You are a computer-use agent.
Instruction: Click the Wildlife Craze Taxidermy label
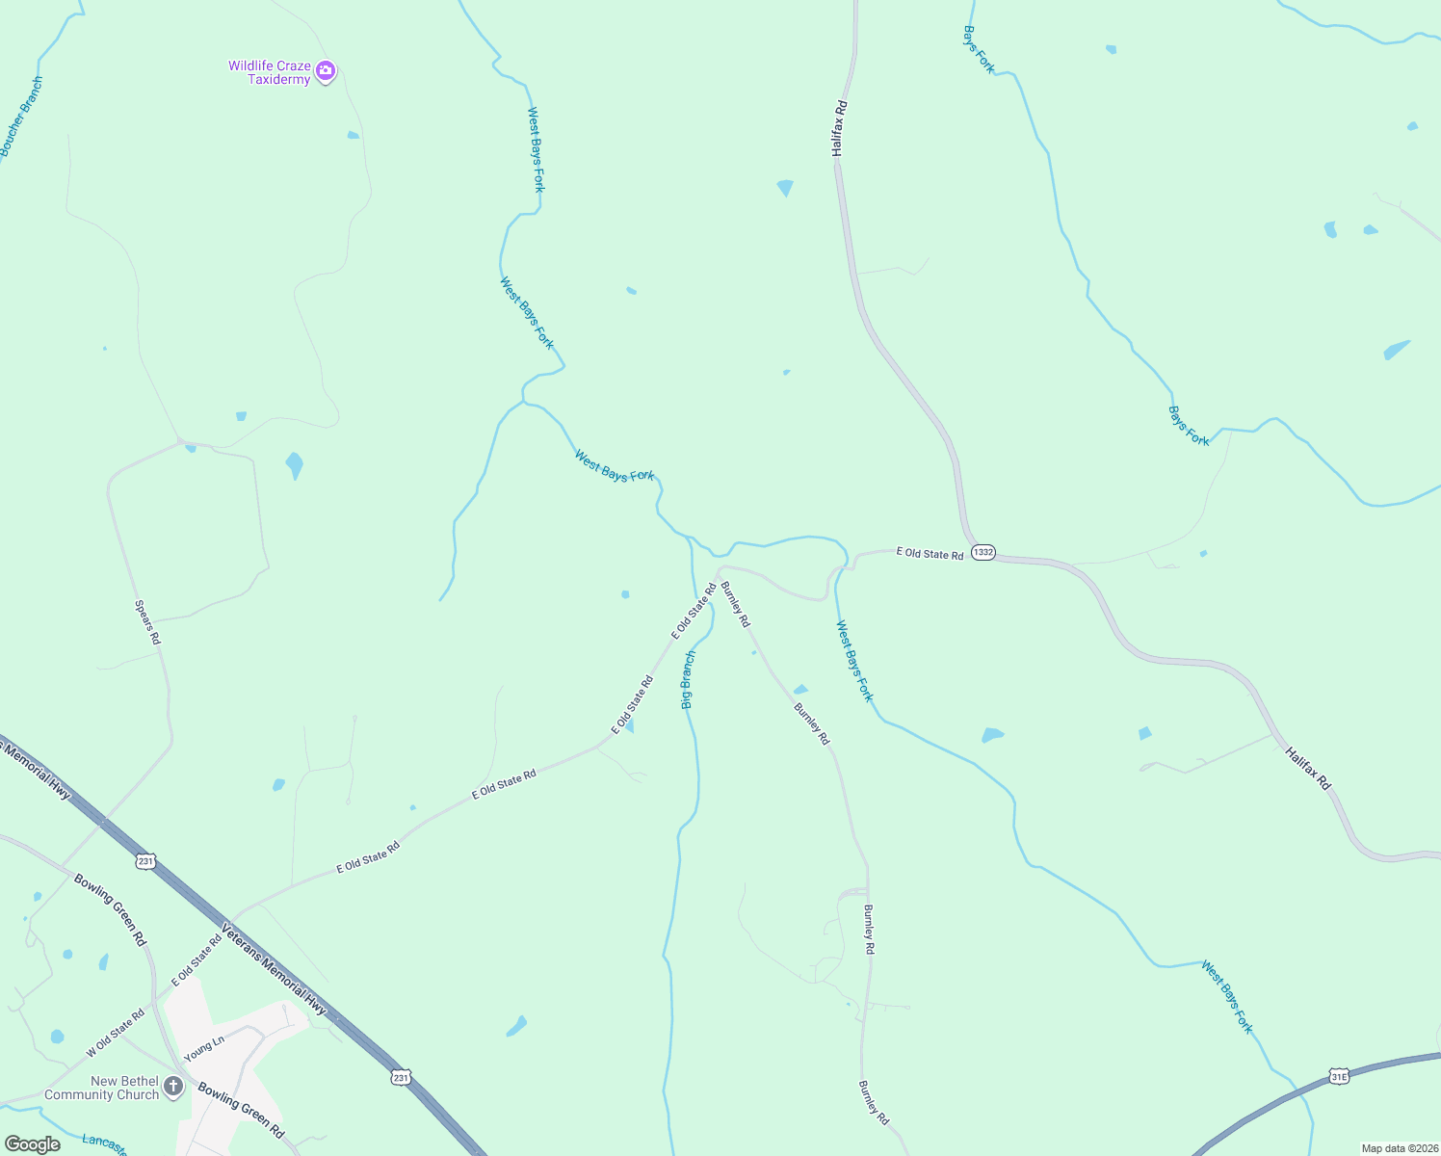click(270, 72)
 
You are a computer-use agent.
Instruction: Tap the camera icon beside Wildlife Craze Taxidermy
click(326, 70)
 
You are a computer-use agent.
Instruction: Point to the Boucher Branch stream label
click(21, 117)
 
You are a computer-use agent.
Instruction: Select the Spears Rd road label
click(147, 622)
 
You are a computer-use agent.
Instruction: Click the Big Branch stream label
click(688, 680)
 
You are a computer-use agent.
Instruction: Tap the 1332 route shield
click(982, 552)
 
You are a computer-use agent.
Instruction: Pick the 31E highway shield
click(1338, 1075)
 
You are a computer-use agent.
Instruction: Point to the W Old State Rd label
click(116, 1033)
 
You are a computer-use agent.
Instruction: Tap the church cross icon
click(173, 1088)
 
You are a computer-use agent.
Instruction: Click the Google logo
click(33, 1144)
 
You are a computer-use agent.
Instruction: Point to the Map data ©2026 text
click(1399, 1148)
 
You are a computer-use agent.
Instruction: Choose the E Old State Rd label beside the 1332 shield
click(930, 554)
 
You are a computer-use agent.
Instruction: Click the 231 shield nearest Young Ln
click(402, 1077)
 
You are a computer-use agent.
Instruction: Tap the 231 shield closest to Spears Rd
click(145, 861)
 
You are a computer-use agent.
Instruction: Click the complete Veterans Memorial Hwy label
click(275, 970)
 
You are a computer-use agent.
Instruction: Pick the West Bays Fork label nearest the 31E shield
click(1227, 996)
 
